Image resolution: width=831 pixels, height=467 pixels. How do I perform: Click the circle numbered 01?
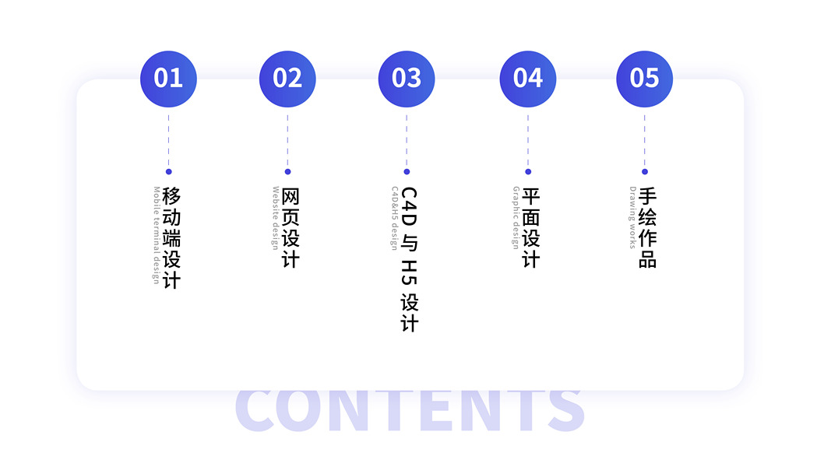coord(168,79)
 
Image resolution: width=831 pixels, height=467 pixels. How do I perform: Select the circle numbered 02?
coord(287,79)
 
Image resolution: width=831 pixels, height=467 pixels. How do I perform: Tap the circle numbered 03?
coord(407,79)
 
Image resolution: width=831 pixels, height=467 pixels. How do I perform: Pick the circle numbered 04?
coord(527,79)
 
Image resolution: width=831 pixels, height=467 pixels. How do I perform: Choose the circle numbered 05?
coord(644,79)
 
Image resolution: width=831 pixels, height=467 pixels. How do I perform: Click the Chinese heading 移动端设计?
coord(171,237)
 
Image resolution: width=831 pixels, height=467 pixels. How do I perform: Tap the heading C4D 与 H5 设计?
coord(410,259)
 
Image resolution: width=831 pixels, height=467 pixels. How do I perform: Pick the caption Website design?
coord(276,217)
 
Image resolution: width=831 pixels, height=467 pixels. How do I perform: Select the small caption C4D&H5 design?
coord(395,217)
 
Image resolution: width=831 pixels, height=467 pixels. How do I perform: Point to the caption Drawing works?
coord(632,217)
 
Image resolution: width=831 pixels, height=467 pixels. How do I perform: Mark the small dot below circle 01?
coord(168,171)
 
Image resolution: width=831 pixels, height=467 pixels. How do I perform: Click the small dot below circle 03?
coord(407,171)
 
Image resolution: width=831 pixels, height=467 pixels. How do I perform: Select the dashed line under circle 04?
coord(527,140)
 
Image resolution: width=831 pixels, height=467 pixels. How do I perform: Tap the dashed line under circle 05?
coord(644,140)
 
